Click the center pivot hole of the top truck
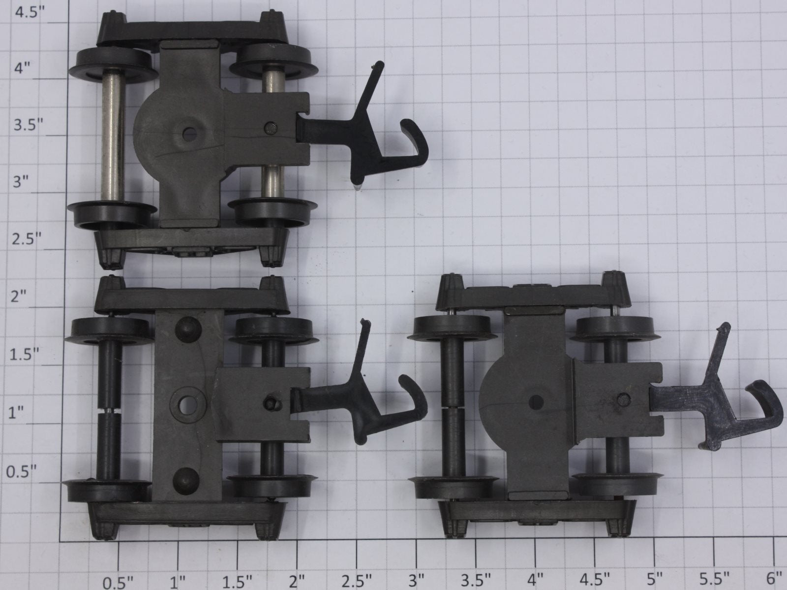[x=189, y=134]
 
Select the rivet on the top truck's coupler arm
[x=271, y=128]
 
